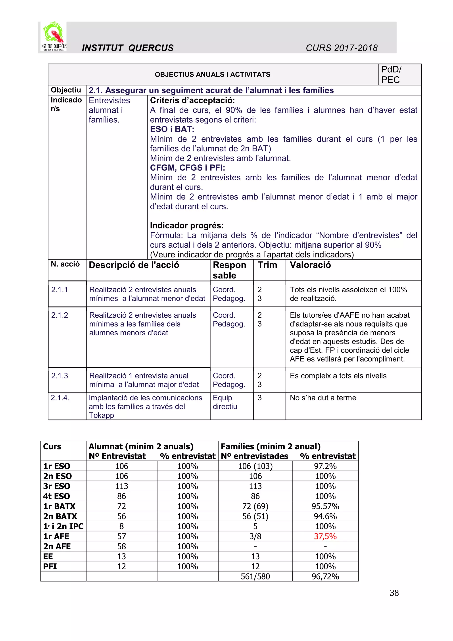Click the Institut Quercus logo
(53, 37)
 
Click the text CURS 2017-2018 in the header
(342, 48)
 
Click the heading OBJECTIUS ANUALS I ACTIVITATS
(212, 75)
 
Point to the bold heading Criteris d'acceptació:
(192, 100)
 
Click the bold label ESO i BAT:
(172, 129)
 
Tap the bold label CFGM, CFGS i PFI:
(187, 168)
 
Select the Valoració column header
(310, 265)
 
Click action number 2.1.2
(60, 315)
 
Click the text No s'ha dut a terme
(323, 398)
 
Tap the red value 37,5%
(325, 536)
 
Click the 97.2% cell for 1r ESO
(325, 466)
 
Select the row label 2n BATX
(60, 516)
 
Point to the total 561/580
(255, 577)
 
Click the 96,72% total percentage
(325, 577)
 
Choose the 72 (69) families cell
(255, 506)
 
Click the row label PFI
(50, 566)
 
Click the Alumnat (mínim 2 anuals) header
(141, 447)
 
